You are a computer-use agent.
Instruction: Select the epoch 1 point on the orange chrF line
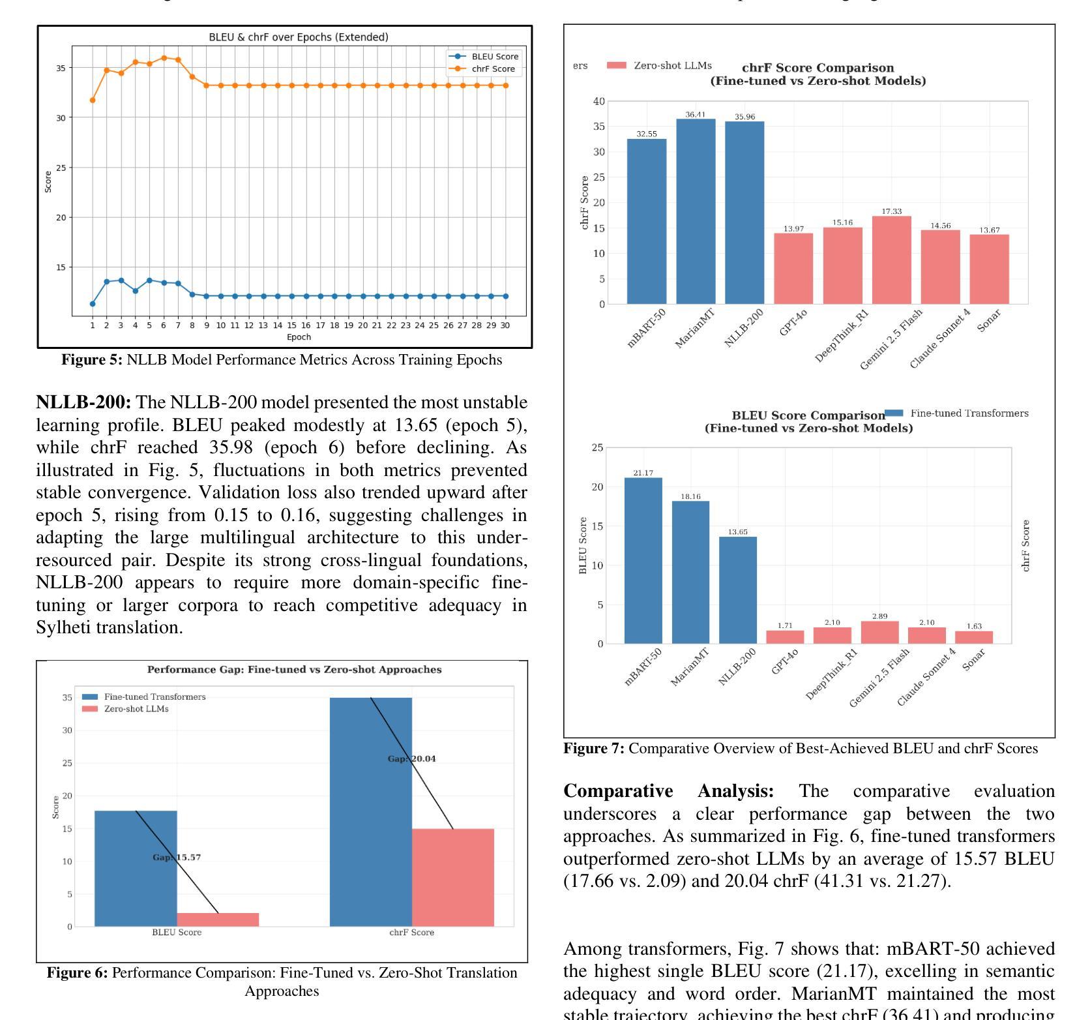[93, 100]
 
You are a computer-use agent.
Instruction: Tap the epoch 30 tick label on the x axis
[505, 325]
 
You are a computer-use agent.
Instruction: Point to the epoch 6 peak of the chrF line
[164, 57]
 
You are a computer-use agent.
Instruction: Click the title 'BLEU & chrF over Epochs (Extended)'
[298, 37]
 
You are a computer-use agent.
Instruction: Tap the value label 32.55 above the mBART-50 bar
[647, 134]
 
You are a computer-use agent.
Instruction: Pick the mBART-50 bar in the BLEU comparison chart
[643, 560]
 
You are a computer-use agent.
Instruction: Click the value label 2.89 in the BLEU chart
[879, 616]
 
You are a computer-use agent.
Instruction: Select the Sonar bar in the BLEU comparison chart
[974, 637]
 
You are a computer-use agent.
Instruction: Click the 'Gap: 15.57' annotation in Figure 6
[177, 857]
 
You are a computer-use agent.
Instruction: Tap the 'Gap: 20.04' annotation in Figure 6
[412, 758]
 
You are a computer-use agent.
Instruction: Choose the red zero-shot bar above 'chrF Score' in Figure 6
[452, 877]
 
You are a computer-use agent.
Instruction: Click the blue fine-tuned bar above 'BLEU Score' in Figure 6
[136, 868]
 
